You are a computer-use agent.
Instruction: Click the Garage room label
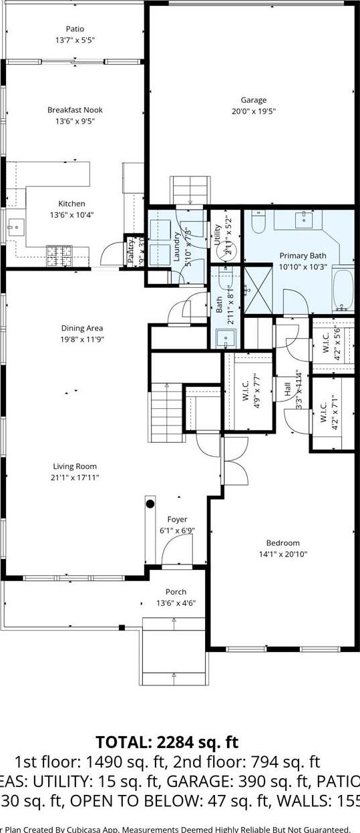coord(253,100)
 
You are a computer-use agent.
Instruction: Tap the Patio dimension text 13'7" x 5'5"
coord(75,40)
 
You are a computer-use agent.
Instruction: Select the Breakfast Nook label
coord(75,110)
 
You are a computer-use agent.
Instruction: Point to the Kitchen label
coord(71,204)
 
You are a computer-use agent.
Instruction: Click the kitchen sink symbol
coord(13,227)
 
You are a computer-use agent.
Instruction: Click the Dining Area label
coord(82,328)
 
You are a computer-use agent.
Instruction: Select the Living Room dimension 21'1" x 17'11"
coord(75,478)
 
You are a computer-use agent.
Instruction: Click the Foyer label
coord(177,519)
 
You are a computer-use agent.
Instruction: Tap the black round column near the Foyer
coord(150,504)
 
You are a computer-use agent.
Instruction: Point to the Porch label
coord(176,592)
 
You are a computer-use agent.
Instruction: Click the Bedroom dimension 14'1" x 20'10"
coord(283,554)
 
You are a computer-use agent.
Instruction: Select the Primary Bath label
coord(303,256)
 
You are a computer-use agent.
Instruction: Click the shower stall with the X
coord(257,289)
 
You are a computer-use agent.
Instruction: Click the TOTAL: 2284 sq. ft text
coord(166,742)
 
